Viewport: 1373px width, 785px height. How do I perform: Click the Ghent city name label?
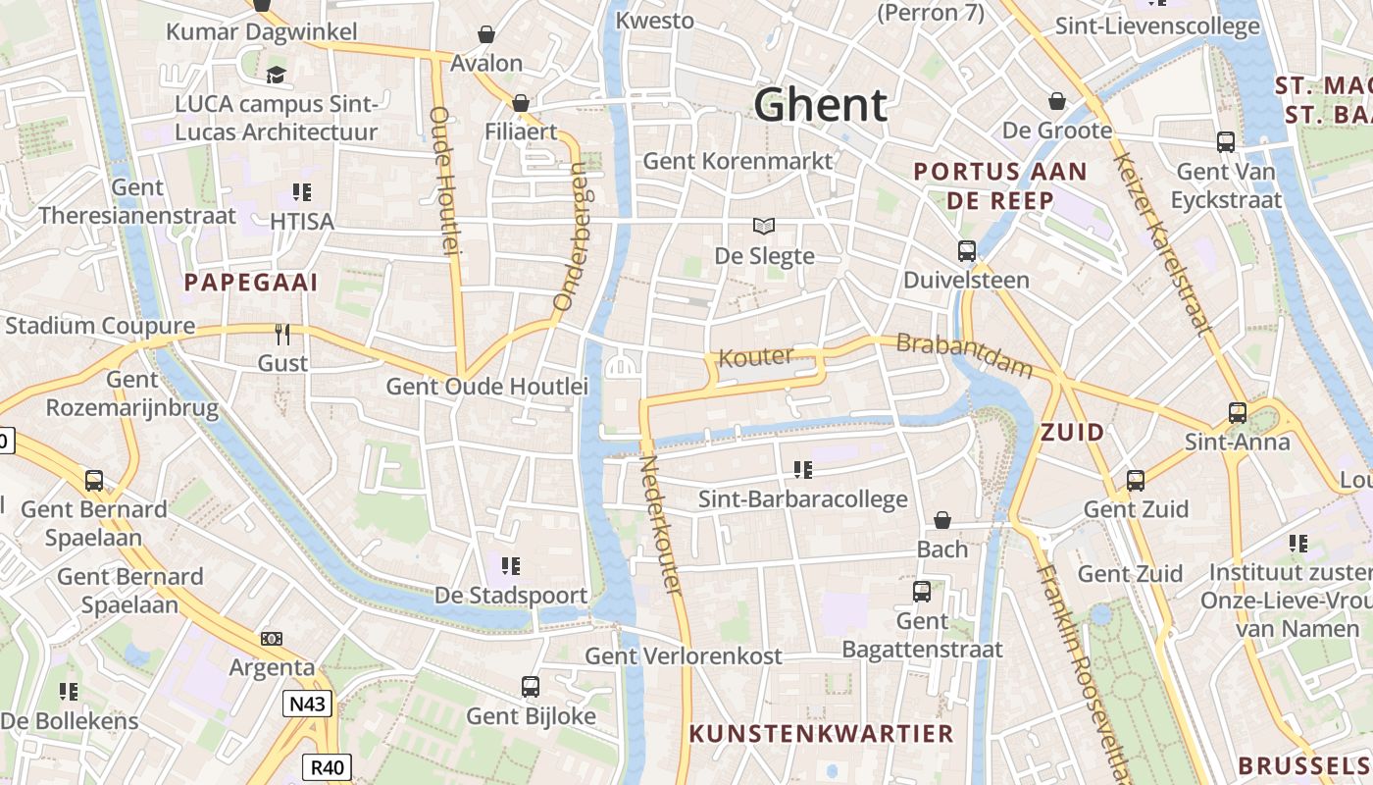pyautogui.click(x=821, y=104)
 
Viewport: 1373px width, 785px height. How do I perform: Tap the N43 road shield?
pyautogui.click(x=308, y=704)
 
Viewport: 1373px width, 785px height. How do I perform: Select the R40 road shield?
pyautogui.click(x=326, y=767)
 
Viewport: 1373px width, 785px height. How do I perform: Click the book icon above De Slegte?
pyautogui.click(x=764, y=226)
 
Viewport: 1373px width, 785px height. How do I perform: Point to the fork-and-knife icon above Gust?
pyautogui.click(x=282, y=335)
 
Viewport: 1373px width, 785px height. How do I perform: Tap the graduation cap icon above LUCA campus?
pyautogui.click(x=277, y=75)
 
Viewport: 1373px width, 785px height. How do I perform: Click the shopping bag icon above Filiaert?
pyautogui.click(x=521, y=103)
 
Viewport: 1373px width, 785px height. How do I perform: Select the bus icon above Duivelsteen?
pyautogui.click(x=967, y=250)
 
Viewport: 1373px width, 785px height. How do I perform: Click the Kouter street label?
pyautogui.click(x=756, y=356)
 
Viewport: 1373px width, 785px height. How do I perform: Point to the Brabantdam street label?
pyautogui.click(x=965, y=355)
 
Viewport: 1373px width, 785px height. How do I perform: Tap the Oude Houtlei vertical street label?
pyautogui.click(x=444, y=182)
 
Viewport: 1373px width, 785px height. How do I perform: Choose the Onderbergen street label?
pyautogui.click(x=570, y=235)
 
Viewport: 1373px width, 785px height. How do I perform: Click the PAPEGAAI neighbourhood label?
pyautogui.click(x=251, y=283)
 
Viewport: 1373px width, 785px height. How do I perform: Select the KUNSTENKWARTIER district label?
pyautogui.click(x=821, y=733)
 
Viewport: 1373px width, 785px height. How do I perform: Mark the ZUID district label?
pyautogui.click(x=1072, y=432)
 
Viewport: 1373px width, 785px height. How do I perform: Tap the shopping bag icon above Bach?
pyautogui.click(x=942, y=520)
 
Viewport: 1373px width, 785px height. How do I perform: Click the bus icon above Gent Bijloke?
pyautogui.click(x=531, y=687)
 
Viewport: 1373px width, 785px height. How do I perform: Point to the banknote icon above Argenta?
pyautogui.click(x=272, y=639)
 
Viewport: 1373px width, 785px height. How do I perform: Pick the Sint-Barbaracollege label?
pyautogui.click(x=802, y=499)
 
